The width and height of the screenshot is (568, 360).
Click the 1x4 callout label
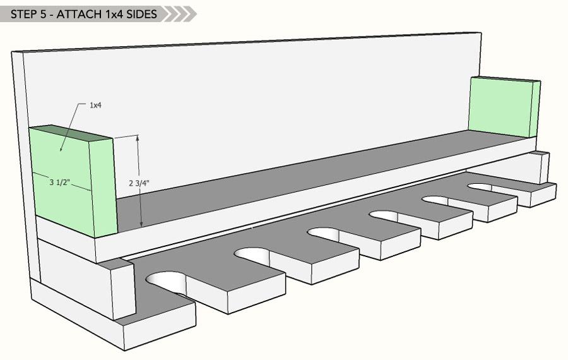95,105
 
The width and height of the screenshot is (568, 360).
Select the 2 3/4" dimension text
139,183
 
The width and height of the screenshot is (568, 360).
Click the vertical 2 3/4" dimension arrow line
140,202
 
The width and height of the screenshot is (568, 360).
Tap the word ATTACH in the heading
77,14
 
